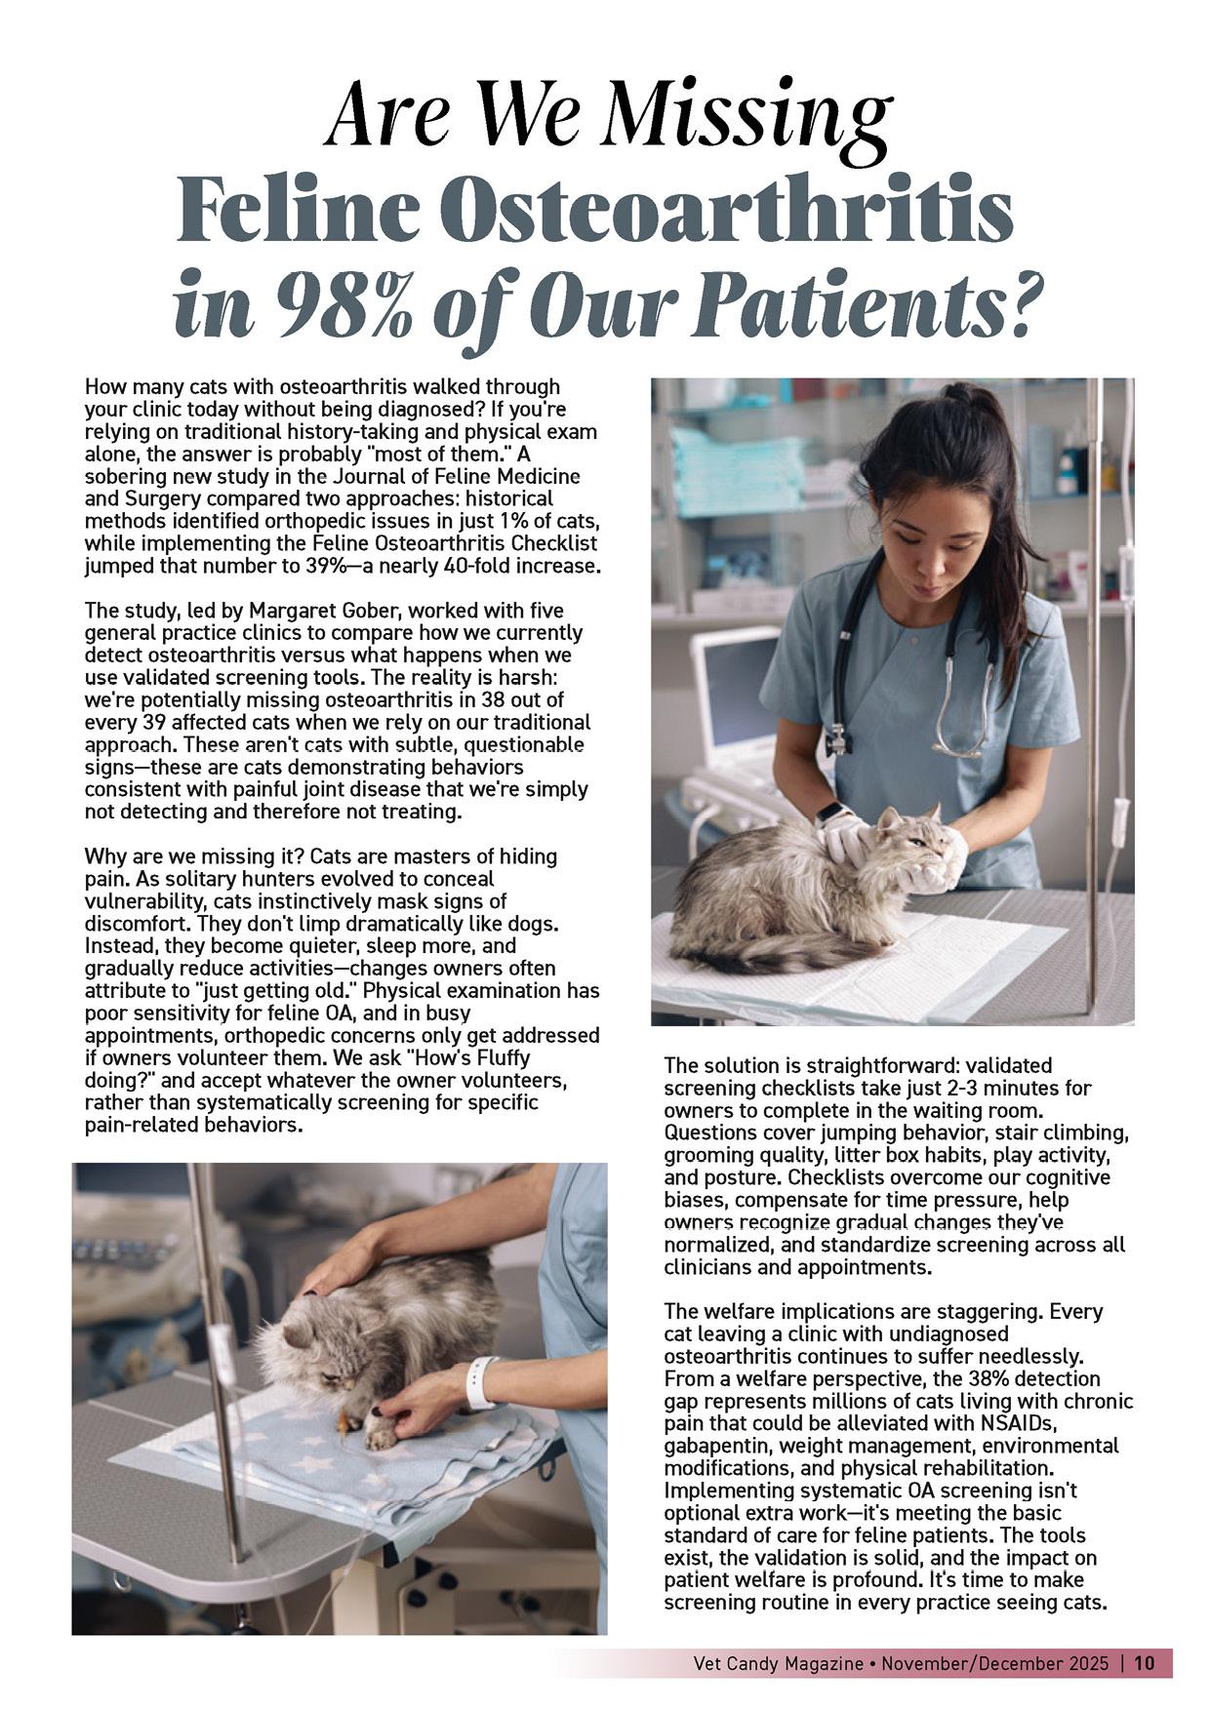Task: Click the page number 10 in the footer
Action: click(x=1145, y=1663)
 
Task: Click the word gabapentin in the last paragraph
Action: click(x=714, y=1446)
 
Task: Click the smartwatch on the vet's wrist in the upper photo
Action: click(x=830, y=812)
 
